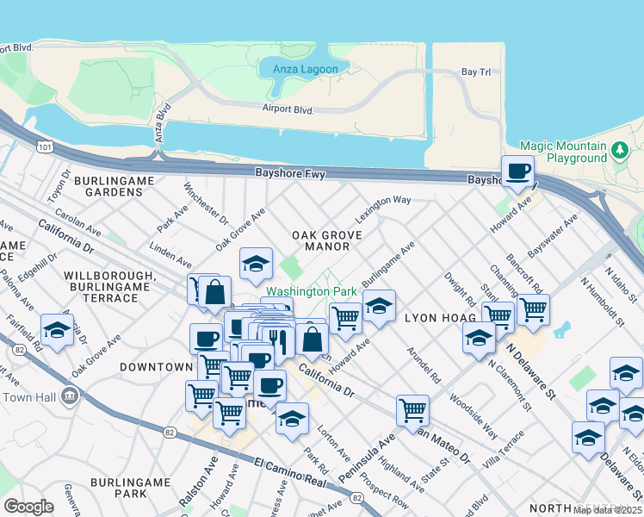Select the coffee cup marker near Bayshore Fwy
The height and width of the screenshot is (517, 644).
tap(517, 171)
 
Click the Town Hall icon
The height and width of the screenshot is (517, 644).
tap(70, 396)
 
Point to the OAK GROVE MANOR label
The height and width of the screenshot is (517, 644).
tap(320, 240)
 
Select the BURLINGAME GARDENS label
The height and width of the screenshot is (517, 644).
tap(114, 187)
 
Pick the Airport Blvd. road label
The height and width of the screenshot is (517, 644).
tap(288, 108)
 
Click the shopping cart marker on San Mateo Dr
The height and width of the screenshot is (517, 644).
tap(413, 408)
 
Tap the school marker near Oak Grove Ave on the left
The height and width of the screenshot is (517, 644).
tap(57, 329)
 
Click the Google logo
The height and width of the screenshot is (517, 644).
tap(28, 507)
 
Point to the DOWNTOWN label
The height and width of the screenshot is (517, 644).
tap(155, 367)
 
